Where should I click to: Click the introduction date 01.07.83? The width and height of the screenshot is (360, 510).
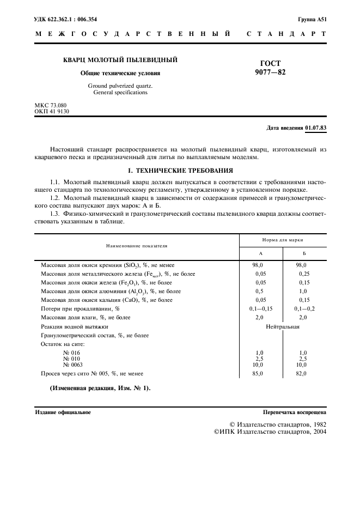[316, 128]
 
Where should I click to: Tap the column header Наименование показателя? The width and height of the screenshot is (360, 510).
[137, 246]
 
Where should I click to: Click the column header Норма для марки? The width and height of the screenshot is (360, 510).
[283, 240]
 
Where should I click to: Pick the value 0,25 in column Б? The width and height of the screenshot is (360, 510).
[304, 274]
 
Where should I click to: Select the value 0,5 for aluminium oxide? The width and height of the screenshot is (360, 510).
[259, 291]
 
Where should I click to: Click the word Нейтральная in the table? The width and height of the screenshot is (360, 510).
[283, 326]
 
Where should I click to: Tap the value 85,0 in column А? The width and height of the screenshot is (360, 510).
[259, 373]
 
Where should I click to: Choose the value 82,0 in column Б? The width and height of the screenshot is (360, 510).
[301, 373]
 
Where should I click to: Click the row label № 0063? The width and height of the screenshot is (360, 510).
[73, 365]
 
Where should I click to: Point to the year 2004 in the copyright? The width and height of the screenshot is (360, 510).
[316, 432]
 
